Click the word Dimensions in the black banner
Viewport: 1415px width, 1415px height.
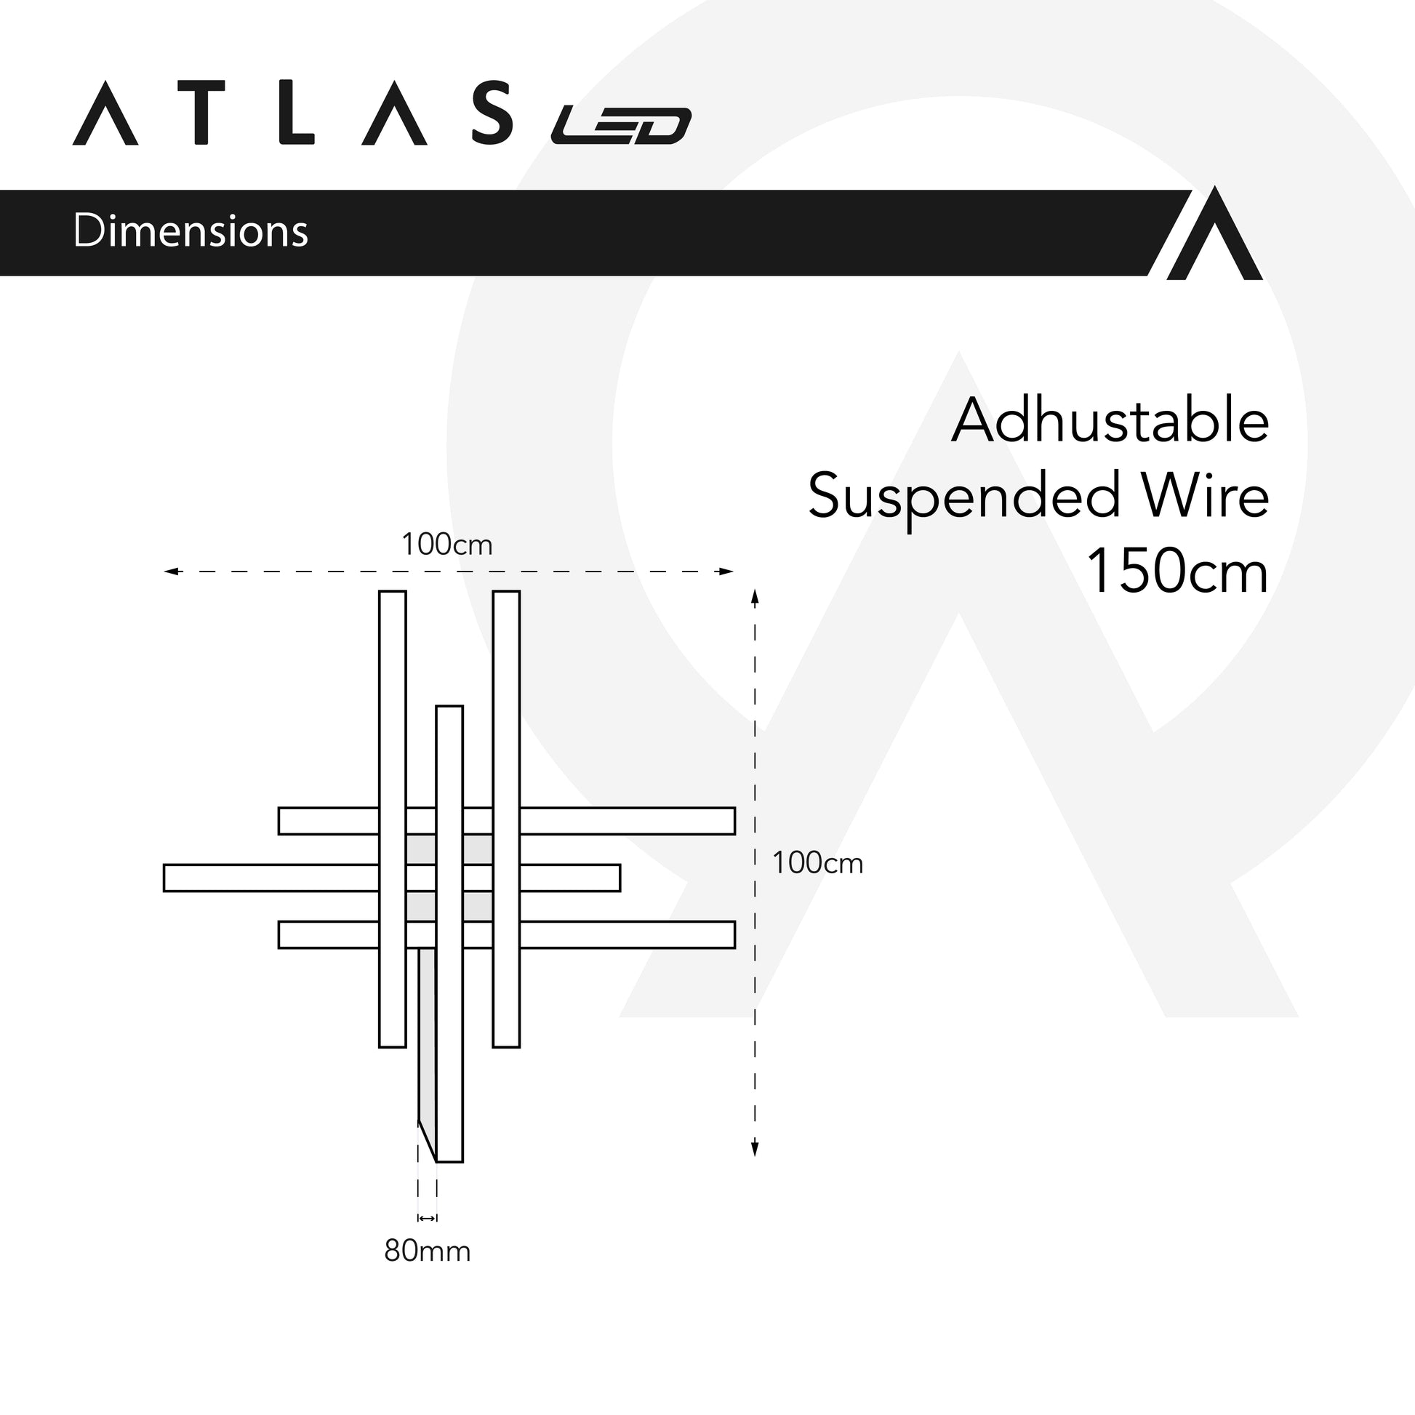[x=191, y=231]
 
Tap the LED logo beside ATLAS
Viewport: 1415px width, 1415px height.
[x=621, y=125]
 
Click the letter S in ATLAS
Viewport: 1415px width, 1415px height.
[x=492, y=113]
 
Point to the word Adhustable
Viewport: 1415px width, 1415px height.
[x=1110, y=422]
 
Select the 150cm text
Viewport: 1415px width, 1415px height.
[x=1177, y=572]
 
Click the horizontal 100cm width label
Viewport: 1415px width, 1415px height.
[x=446, y=545]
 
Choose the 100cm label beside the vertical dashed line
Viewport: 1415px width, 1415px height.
[x=817, y=864]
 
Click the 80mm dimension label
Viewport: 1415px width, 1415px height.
[x=427, y=1251]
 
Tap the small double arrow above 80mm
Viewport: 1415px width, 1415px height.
[x=427, y=1218]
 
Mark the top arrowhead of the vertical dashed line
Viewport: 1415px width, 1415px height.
[x=755, y=597]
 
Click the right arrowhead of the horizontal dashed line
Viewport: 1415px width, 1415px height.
[x=726, y=572]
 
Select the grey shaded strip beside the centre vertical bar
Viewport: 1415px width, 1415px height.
[x=427, y=1040]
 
